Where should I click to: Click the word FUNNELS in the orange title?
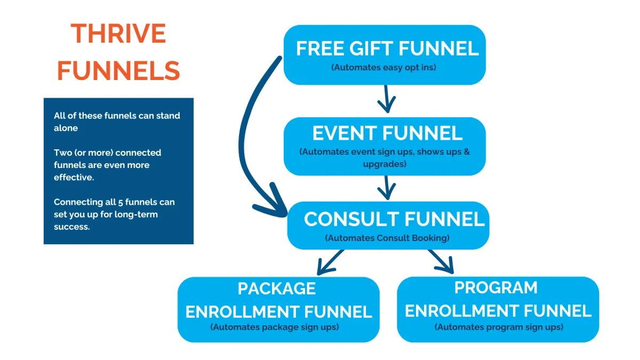(118, 71)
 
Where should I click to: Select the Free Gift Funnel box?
(385, 54)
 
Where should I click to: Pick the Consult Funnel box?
(388, 225)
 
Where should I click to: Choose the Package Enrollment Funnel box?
(278, 309)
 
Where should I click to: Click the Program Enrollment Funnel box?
(498, 309)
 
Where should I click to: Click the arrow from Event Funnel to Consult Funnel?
(386, 187)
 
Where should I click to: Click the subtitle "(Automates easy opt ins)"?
(385, 68)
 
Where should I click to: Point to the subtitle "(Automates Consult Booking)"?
(387, 238)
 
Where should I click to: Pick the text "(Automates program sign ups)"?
(499, 327)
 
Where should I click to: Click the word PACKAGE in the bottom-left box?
(277, 289)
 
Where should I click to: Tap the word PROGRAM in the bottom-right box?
(496, 287)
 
